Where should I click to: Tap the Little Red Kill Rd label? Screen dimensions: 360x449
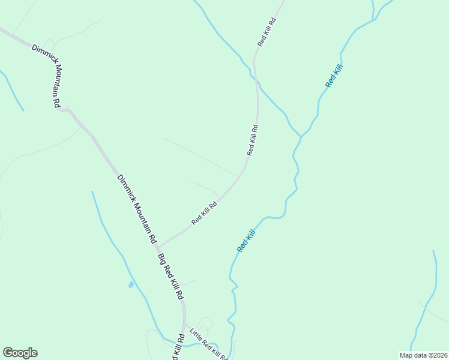coord(209,344)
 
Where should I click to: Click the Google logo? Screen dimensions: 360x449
coord(20,353)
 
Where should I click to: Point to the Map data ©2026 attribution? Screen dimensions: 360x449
coord(423,355)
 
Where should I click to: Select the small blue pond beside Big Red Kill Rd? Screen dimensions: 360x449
coord(130,284)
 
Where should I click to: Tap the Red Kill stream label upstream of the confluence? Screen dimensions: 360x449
coord(334,77)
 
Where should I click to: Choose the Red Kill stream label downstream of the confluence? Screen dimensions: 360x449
coord(246,240)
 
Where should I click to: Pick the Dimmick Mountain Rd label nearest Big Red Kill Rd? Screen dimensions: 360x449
coord(137,208)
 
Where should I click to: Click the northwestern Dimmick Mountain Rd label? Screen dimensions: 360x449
coord(47,75)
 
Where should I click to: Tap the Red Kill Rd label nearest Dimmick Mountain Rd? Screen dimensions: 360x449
coord(204,213)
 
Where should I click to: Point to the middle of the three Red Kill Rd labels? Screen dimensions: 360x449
coord(252,140)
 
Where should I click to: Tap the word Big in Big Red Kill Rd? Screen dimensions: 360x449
coord(162,260)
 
